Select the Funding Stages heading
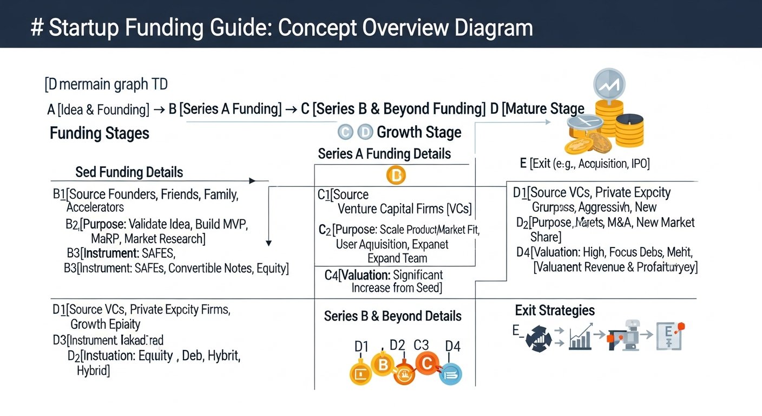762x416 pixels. coord(99,133)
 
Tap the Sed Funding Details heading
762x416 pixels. coord(129,172)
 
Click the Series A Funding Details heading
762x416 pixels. coord(384,154)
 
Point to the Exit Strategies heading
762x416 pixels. coord(555,310)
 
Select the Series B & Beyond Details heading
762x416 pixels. coord(392,316)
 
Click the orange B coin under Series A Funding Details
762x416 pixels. coord(396,175)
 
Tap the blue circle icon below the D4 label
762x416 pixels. coord(450,373)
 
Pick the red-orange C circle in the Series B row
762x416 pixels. coord(426,364)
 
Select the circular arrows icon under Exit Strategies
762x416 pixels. coord(538,339)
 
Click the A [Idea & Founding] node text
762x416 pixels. coord(98,110)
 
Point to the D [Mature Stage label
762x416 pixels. coord(537,109)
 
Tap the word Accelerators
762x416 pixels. coord(95,207)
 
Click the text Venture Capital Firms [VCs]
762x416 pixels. coord(404,209)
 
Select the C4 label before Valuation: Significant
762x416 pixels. coord(331,275)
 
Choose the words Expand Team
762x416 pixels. coord(397,258)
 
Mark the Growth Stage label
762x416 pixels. coord(419,132)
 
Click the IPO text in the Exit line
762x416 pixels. coord(640,164)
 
